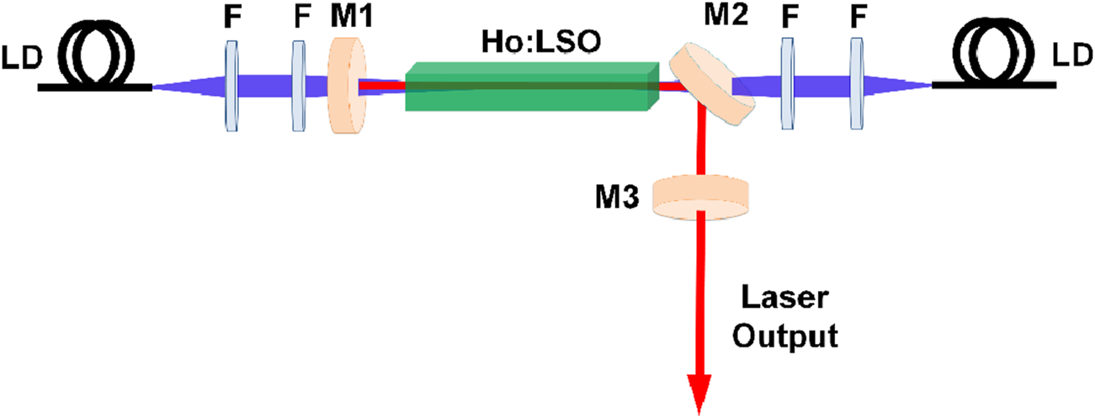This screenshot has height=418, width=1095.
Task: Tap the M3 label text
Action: (624, 199)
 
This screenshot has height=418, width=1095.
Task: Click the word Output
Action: (784, 337)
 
